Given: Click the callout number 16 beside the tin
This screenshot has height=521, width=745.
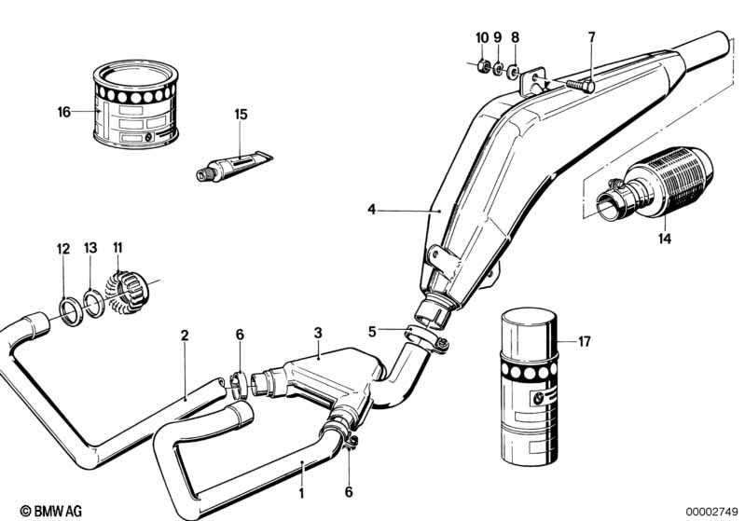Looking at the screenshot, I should pos(63,112).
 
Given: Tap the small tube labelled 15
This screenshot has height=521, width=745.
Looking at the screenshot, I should pos(232,166).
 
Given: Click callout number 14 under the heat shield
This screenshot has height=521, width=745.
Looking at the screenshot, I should pos(664,239).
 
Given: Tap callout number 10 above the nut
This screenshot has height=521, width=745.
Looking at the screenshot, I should pos(482,37).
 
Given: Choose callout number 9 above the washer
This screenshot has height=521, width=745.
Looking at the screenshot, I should pos(498,37).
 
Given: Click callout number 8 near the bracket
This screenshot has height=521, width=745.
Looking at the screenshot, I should pos(515,37).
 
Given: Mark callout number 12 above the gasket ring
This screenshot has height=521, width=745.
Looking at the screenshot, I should pos(63,249).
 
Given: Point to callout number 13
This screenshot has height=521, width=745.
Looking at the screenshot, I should pos(90,249).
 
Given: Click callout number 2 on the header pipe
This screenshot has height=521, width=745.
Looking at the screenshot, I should pos(185,335).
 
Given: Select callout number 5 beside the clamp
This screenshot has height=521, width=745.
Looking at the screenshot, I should pos(372,331).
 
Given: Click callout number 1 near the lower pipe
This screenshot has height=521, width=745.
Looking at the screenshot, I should pos(301,464).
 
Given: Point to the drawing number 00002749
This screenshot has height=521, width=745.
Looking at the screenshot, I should pos(712,510).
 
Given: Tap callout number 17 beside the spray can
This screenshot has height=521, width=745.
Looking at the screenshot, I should pos(585,342).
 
